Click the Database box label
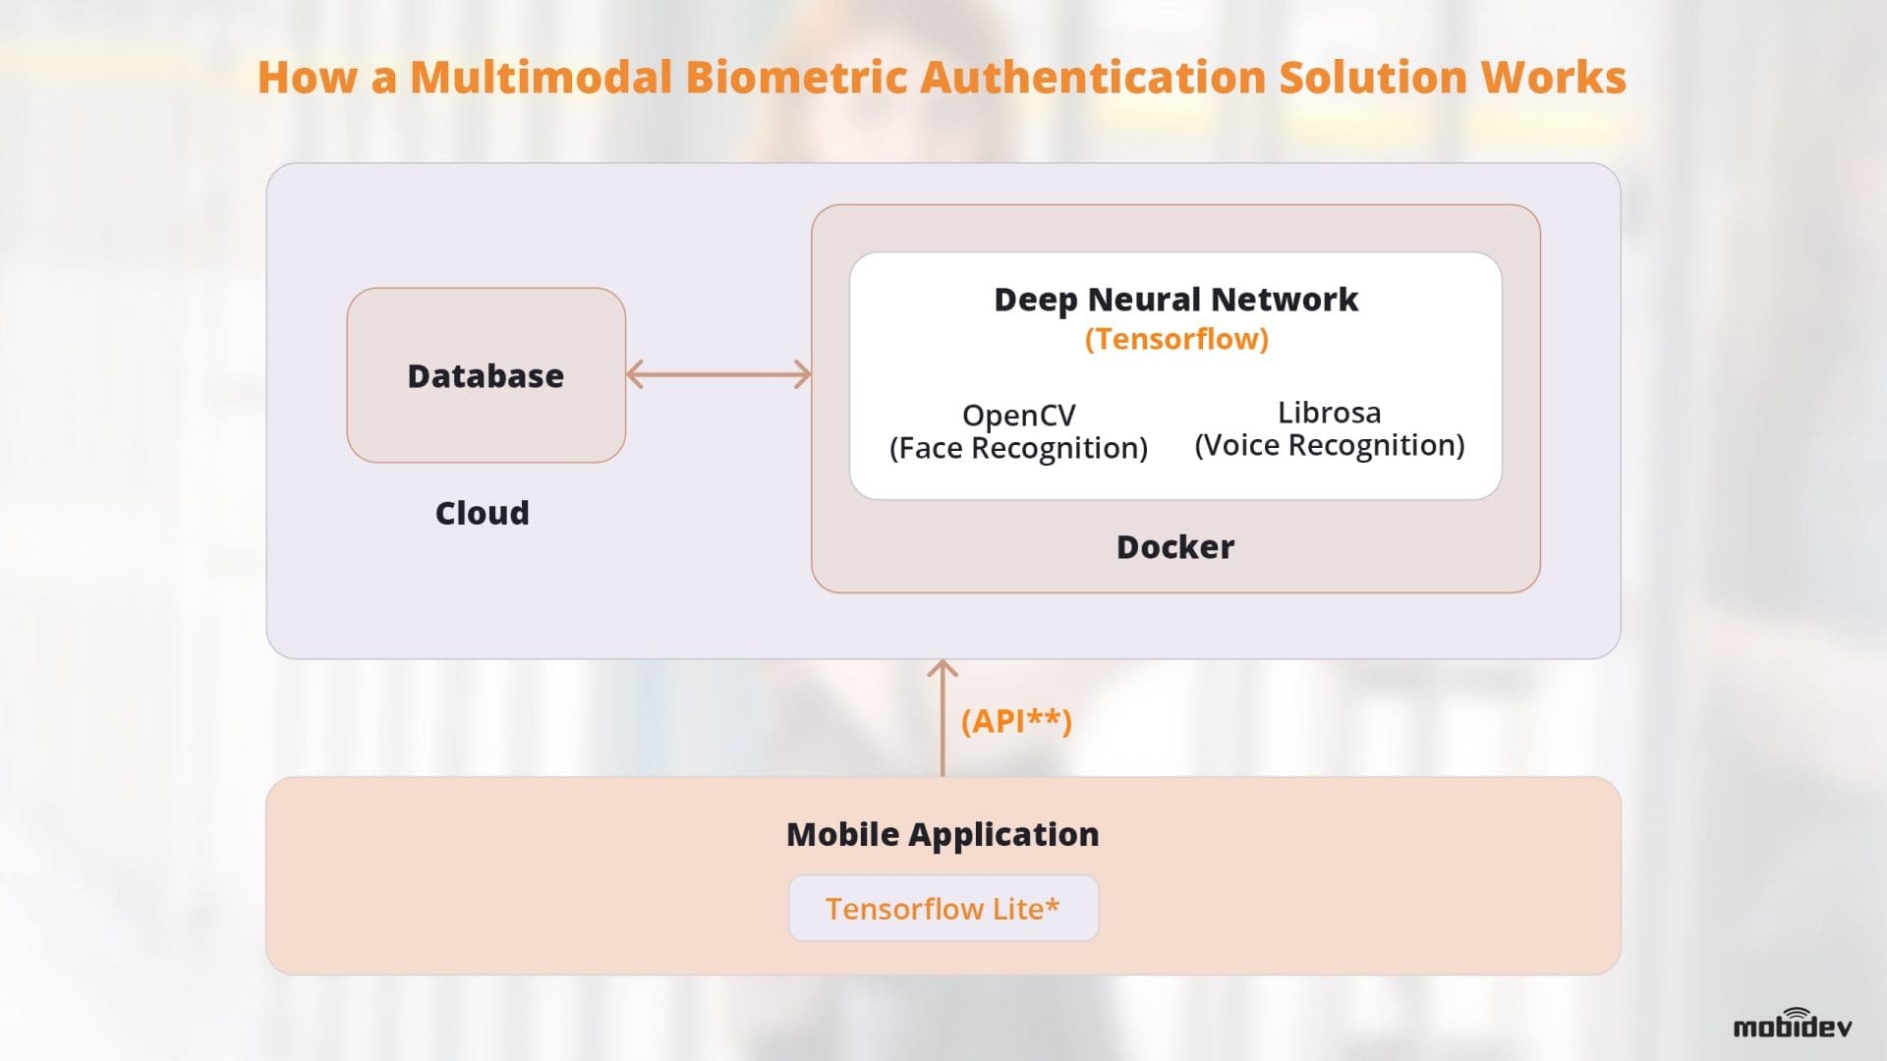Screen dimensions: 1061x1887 [486, 376]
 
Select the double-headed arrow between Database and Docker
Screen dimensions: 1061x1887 [718, 374]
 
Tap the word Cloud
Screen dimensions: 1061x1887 [482, 513]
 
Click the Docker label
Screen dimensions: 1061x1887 [1174, 547]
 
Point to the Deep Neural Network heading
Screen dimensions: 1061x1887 [1175, 300]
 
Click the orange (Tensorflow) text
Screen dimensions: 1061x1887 [1175, 339]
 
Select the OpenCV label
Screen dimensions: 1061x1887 [1018, 416]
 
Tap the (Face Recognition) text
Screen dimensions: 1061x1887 [1018, 449]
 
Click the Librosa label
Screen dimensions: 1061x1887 [1329, 413]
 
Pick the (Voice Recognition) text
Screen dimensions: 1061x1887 [1329, 446]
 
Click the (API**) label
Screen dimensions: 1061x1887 [1015, 721]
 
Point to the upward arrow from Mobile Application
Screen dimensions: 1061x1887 [943, 717]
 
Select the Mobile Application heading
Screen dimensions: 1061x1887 [943, 834]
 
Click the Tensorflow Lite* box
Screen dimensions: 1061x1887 [943, 909]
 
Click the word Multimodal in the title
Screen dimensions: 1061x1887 [541, 78]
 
